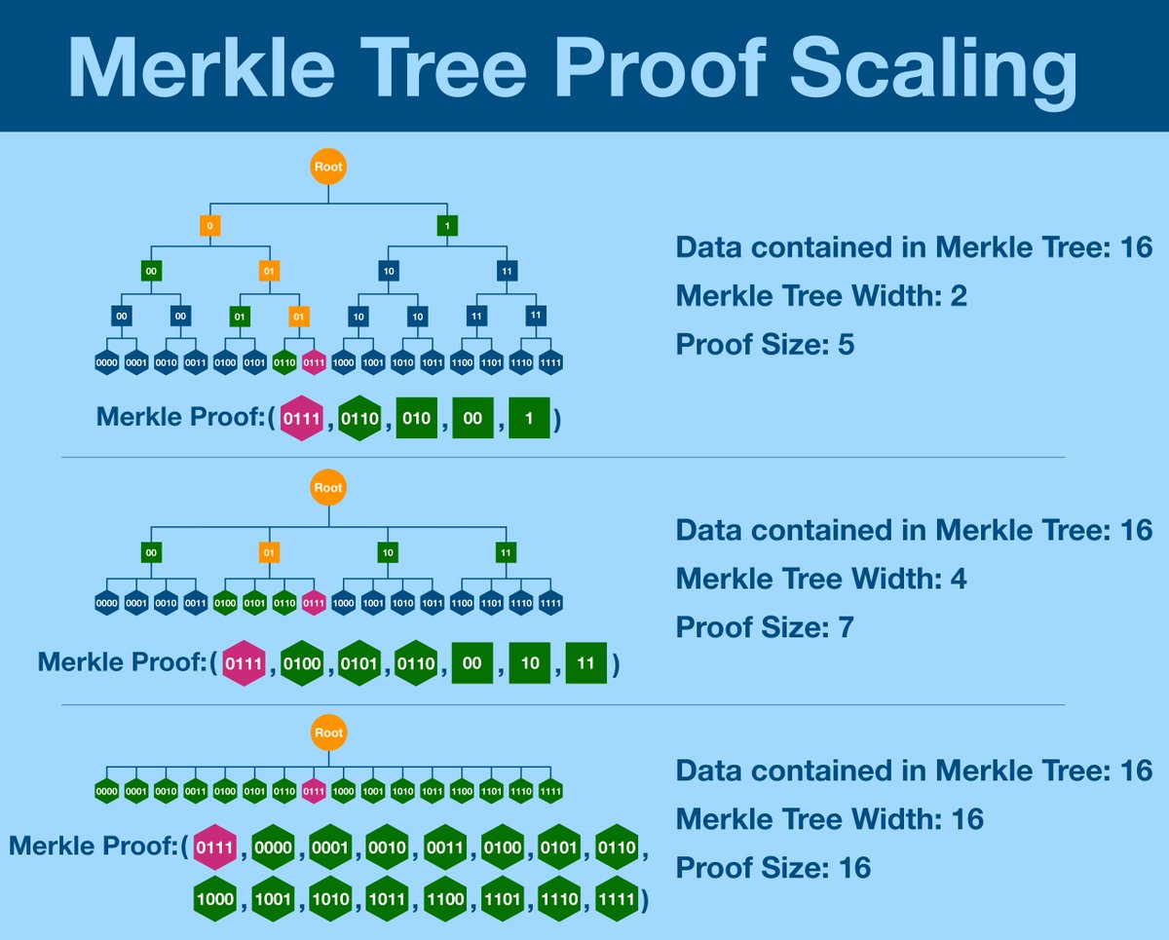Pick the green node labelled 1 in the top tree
[447, 226]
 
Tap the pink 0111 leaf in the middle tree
[313, 601]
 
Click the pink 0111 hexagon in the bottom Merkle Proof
[214, 847]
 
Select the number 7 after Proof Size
[845, 627]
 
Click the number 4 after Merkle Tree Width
[959, 579]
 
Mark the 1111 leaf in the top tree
[550, 363]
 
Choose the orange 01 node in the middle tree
[269, 553]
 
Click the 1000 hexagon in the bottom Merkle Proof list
[214, 898]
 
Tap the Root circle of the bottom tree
[328, 733]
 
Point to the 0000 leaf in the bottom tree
[107, 790]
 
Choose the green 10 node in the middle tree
[388, 553]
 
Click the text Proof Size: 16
[773, 867]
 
